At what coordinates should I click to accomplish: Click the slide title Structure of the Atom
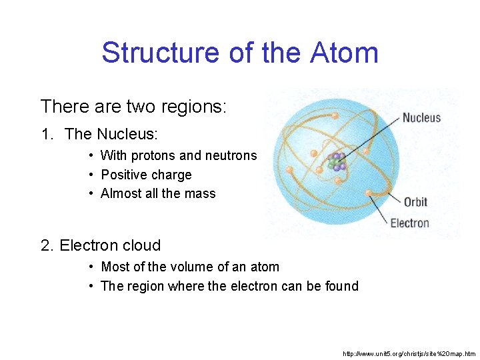240,53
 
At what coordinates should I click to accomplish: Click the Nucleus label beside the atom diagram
421,118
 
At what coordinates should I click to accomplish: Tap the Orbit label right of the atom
415,202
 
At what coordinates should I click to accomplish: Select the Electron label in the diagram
409,223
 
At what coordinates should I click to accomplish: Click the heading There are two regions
133,107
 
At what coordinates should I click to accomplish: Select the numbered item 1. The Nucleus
99,134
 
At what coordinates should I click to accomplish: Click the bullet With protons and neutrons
178,155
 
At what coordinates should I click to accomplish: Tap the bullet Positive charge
146,175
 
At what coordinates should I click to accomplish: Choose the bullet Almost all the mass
158,193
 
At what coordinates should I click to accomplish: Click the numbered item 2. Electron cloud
101,245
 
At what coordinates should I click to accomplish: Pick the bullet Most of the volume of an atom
190,267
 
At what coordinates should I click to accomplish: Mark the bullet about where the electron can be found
229,286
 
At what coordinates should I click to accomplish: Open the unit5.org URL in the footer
409,353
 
